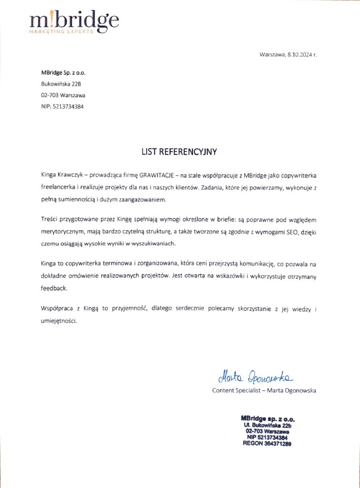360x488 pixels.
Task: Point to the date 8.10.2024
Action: point(298,55)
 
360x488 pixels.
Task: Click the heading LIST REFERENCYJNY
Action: point(179,152)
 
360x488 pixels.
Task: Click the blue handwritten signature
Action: point(256,377)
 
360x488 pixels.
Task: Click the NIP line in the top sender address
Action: point(62,106)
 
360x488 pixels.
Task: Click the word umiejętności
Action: point(59,321)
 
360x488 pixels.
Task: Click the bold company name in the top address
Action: point(63,73)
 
